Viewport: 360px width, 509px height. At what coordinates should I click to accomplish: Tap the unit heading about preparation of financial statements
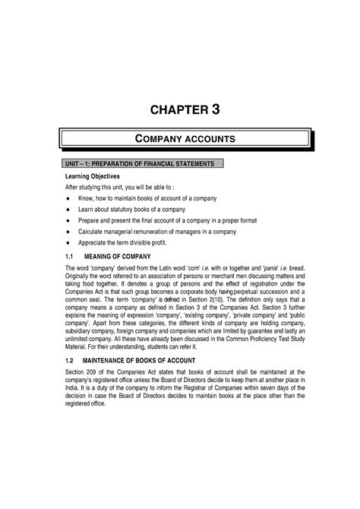click(x=131, y=163)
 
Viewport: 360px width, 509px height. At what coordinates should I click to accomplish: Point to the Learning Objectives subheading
click(x=90, y=175)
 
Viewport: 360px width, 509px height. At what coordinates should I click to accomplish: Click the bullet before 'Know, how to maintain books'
click(x=69, y=198)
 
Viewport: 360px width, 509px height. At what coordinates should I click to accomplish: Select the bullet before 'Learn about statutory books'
click(x=69, y=209)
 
